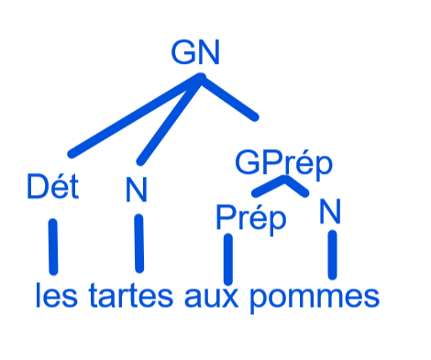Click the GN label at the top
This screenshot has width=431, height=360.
[195, 52]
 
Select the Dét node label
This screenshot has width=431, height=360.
[53, 186]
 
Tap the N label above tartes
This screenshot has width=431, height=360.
[137, 190]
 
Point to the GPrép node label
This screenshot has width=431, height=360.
[283, 164]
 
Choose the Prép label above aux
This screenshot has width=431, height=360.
[251, 219]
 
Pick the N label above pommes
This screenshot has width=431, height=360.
[330, 212]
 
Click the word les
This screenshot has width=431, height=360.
[57, 295]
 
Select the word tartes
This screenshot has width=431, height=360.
[131, 295]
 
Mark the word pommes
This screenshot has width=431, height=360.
[315, 298]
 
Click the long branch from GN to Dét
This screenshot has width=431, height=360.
[135, 116]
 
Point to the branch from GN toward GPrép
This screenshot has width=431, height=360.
[228, 97]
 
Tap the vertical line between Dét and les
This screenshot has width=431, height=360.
[53, 246]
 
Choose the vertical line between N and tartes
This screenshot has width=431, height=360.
[139, 244]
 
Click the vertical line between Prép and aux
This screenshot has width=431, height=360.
[228, 259]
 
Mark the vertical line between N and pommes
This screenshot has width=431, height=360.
[333, 255]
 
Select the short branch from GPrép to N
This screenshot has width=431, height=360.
[296, 186]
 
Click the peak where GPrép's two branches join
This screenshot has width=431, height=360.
[285, 179]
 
